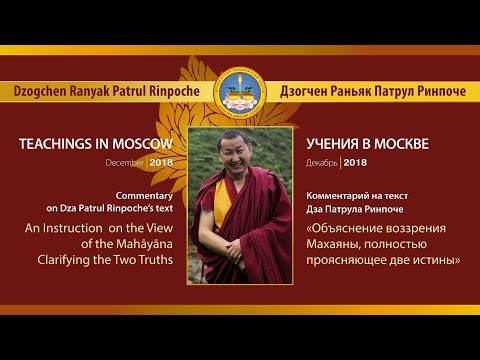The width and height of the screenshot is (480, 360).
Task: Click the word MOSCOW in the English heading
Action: (x=152, y=144)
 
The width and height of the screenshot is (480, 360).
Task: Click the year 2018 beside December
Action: (x=163, y=160)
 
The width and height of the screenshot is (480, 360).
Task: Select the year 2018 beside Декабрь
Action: (x=356, y=160)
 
